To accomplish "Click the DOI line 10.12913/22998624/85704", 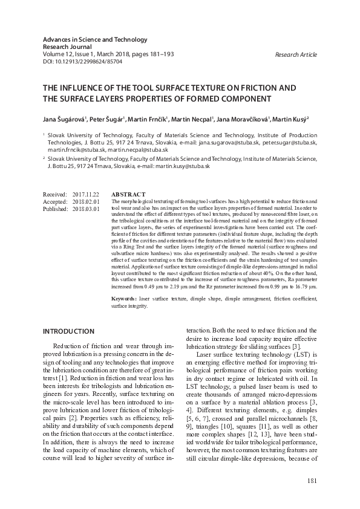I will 82,62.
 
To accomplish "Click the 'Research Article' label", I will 296,55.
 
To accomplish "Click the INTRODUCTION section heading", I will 68,331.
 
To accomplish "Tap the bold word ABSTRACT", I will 128,194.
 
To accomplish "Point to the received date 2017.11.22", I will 85,194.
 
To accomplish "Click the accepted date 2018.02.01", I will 85,201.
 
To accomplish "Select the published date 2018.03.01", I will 85,209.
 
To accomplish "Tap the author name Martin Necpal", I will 194,120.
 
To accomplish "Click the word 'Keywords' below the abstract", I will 124,299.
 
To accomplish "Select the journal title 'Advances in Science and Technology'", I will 95,40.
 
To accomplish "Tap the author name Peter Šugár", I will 109,120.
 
